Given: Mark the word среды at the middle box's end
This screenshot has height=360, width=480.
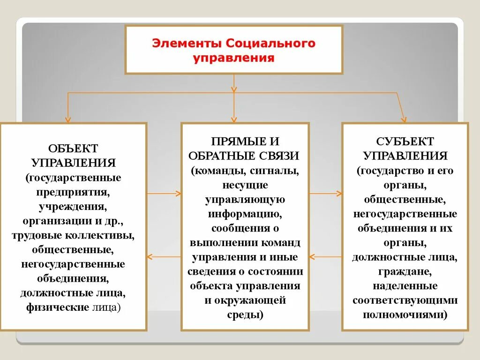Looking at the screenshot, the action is tap(245, 315).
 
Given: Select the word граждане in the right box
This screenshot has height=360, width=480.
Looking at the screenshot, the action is tap(405, 271).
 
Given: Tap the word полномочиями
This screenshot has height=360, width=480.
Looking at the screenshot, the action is tap(405, 315).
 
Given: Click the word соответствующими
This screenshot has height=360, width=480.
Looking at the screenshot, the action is tap(405, 300).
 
